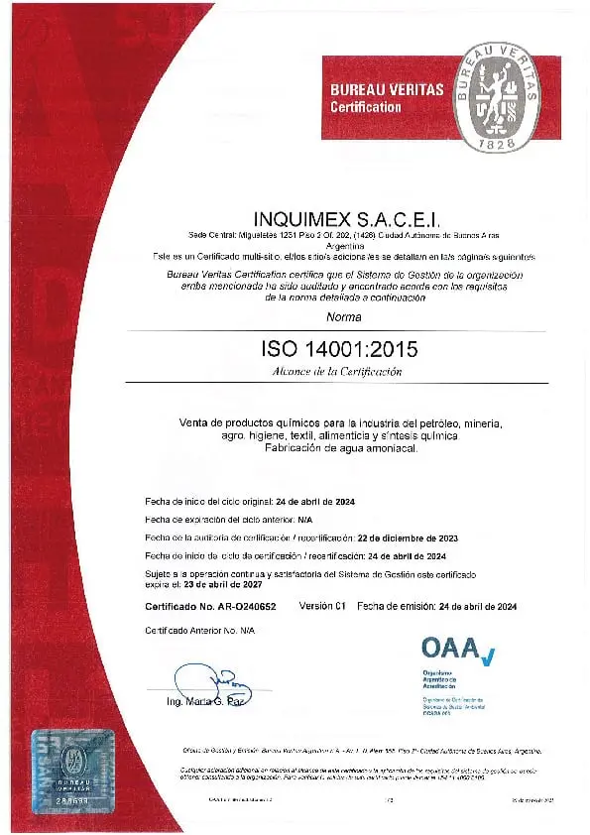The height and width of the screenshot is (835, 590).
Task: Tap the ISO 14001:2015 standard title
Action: click(x=339, y=348)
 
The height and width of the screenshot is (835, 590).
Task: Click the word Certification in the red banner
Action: click(x=366, y=106)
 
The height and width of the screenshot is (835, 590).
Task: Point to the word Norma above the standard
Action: click(x=344, y=316)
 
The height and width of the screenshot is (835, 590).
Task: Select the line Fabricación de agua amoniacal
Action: click(x=341, y=449)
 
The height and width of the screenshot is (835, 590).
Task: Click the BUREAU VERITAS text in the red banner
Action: click(x=386, y=89)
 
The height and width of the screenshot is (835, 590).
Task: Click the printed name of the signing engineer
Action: click(x=206, y=703)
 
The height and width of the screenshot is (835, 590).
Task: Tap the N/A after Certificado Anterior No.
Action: click(x=246, y=631)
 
